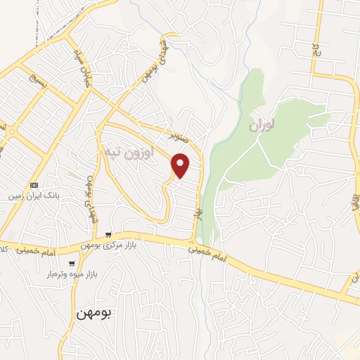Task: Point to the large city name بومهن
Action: pyautogui.click(x=96, y=312)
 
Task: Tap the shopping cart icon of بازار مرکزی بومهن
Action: pyautogui.click(x=108, y=234)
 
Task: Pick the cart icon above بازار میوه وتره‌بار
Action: pyautogui.click(x=71, y=263)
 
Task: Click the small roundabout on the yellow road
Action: pyautogui.click(x=12, y=131)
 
